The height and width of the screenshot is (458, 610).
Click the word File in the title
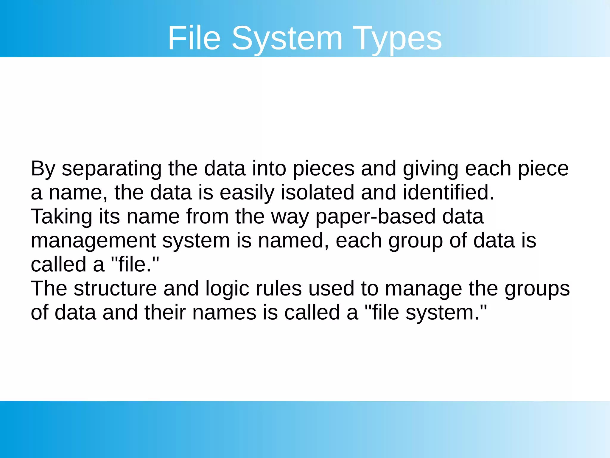[194, 38]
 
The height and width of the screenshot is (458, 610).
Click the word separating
[111, 169]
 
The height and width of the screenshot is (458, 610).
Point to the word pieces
[324, 169]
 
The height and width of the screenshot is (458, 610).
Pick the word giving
[430, 169]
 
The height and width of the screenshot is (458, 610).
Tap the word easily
[247, 193]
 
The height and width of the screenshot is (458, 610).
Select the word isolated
[318, 192]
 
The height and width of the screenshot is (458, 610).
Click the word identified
[448, 192]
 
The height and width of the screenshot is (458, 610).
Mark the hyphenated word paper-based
[375, 217]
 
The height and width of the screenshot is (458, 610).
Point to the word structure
[115, 289]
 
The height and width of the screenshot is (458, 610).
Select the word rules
[279, 289]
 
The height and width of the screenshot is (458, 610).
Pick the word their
[165, 312]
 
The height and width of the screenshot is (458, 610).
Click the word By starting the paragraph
[43, 169]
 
